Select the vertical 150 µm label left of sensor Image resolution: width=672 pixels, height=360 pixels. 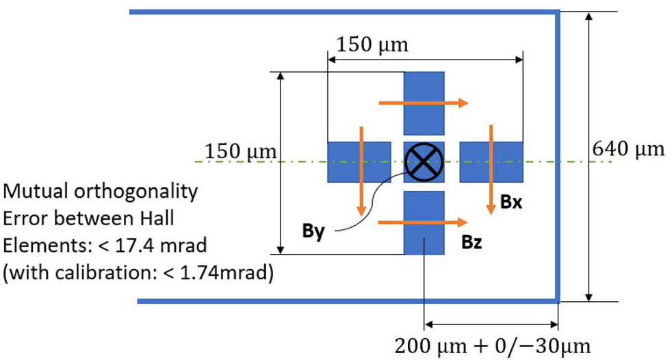coord(241,151)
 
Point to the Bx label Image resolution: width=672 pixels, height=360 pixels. coord(511,203)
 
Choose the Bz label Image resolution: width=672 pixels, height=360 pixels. coord(469,241)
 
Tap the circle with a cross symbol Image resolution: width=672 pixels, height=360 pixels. coord(424,162)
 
